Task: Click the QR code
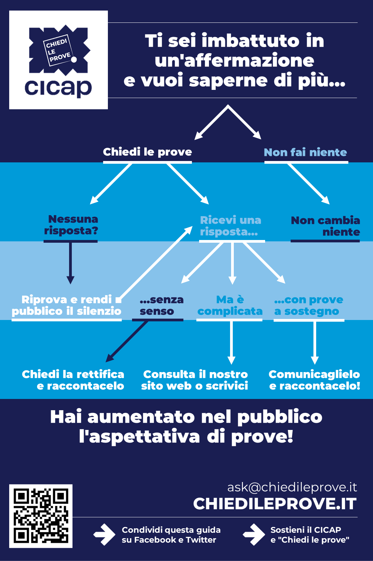(41, 516)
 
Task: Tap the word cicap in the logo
(58, 88)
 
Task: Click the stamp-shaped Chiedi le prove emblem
(60, 50)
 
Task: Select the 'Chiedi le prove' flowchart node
(147, 152)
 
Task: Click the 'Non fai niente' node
(305, 152)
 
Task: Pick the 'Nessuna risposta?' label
(71, 225)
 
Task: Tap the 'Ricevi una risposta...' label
(230, 226)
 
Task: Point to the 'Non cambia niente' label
(325, 226)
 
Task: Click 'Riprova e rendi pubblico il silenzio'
(67, 305)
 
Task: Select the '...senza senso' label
(161, 305)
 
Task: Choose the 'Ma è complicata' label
(230, 305)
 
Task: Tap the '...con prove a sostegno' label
(309, 305)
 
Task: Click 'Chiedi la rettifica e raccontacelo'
(73, 380)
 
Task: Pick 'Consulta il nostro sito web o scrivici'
(195, 380)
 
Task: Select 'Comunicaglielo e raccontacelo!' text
(314, 380)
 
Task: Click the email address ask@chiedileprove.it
(292, 487)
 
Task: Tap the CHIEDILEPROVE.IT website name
(275, 504)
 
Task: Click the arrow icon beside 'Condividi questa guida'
(104, 534)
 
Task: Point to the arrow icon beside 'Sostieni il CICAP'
(254, 534)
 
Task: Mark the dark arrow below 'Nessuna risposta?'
(70, 263)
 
